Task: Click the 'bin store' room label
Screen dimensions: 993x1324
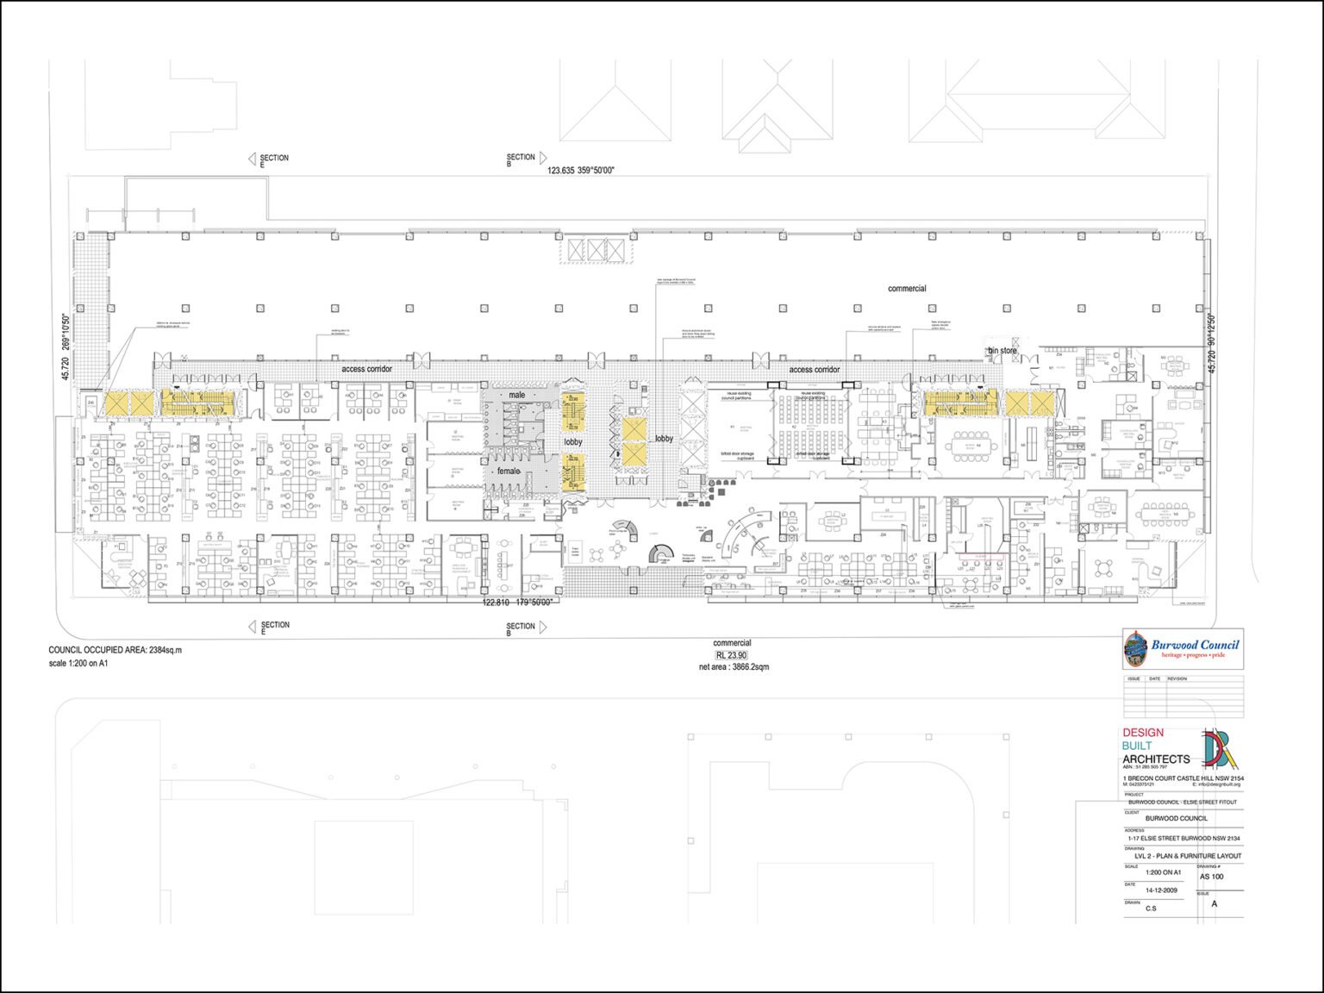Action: tap(1002, 351)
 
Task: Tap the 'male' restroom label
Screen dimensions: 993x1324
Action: tap(516, 395)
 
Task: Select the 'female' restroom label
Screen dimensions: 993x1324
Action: tap(509, 472)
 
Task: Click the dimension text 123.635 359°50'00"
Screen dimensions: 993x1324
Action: tap(580, 171)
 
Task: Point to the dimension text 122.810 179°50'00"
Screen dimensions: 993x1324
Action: tap(517, 603)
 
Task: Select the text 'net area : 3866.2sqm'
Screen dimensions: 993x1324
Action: tap(734, 667)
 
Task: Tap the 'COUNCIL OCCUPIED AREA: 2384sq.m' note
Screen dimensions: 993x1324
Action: tap(116, 650)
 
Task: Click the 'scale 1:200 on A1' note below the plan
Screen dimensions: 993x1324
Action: tap(78, 663)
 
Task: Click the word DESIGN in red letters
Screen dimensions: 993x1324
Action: tap(1142, 733)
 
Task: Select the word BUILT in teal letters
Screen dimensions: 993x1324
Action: tap(1137, 746)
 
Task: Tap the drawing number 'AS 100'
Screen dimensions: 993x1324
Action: tap(1211, 877)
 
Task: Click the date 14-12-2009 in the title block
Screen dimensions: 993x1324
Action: tap(1161, 890)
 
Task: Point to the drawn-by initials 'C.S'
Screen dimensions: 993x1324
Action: tap(1151, 909)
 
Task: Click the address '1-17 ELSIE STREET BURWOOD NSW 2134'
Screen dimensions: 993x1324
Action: tap(1183, 838)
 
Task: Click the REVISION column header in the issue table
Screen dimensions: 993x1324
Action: tap(1177, 679)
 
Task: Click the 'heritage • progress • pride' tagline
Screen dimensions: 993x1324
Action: tap(1193, 655)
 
